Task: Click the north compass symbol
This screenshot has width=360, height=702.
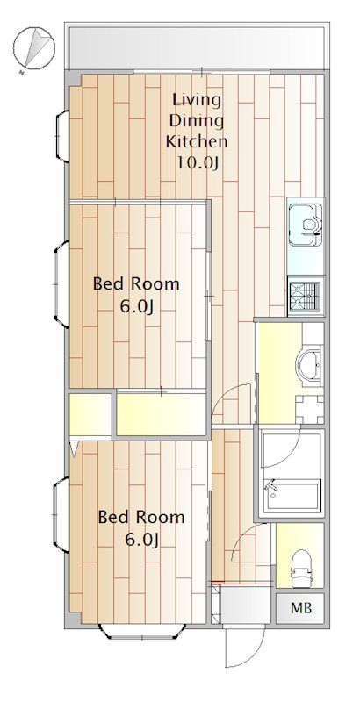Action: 33,47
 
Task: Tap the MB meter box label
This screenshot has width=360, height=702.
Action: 301,608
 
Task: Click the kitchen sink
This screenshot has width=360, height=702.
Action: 306,225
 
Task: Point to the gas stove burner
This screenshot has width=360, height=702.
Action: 305,296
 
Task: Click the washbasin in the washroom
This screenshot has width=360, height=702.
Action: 309,364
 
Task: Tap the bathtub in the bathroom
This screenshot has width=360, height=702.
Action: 291,494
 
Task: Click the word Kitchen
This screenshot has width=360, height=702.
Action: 197,142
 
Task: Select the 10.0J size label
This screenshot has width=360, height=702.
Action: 197,163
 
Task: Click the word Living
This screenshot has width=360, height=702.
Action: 197,100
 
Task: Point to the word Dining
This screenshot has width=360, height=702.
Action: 197,121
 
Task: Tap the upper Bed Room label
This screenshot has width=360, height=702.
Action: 136,284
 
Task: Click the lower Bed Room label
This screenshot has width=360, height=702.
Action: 141,518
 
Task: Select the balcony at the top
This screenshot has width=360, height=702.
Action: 197,47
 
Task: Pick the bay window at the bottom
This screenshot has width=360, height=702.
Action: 142,631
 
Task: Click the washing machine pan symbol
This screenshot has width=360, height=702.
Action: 309,409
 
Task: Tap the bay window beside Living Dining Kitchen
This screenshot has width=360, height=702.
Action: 62,136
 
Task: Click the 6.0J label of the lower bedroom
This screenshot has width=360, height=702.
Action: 141,541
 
